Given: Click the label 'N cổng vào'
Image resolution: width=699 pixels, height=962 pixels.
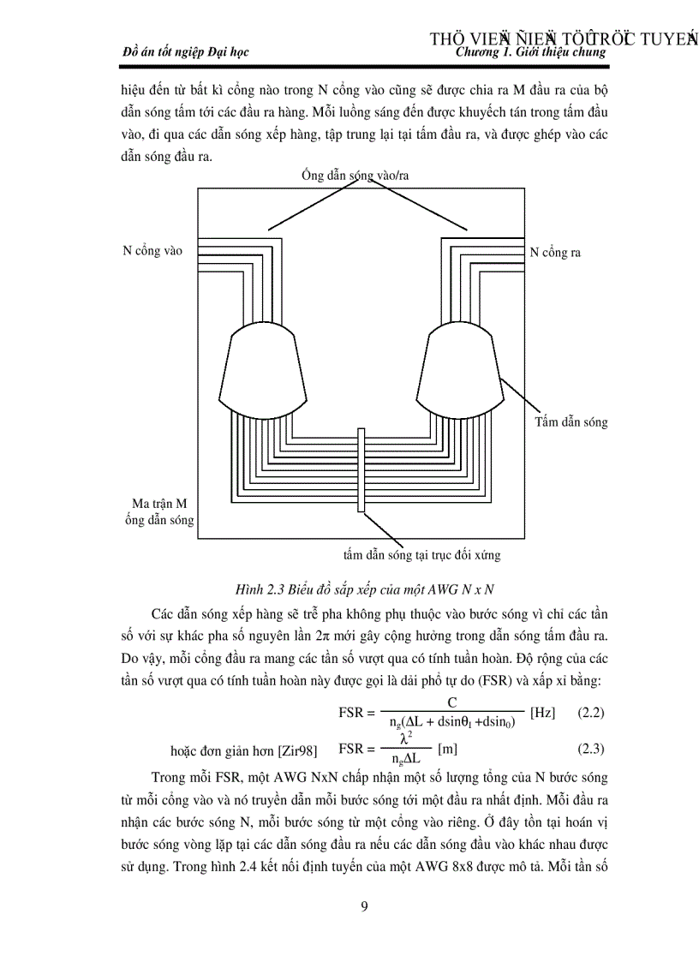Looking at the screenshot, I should coord(152,252).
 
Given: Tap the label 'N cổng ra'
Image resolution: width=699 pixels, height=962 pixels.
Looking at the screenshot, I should coord(554,253).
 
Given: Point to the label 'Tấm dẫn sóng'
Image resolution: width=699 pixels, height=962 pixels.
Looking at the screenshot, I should coord(571,421).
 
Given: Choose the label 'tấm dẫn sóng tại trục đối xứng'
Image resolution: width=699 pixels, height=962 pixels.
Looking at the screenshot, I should coord(421,555).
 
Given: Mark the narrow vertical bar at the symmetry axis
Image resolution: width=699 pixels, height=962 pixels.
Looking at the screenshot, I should coord(361,468).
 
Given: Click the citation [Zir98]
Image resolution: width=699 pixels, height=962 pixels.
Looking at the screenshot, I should coord(298,750).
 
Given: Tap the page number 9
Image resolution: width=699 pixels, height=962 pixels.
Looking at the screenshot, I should coord(364,907).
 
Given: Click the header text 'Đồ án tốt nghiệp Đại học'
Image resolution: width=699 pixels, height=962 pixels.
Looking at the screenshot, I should coord(186,52).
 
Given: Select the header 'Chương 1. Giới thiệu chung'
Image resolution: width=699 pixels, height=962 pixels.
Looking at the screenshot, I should coord(532,52).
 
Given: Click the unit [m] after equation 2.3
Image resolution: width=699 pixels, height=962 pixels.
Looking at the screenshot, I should coord(447,749).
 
